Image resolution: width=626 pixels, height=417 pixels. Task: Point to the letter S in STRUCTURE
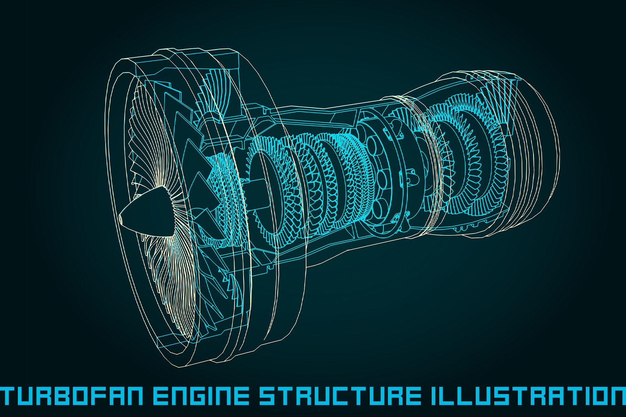(x=268, y=395)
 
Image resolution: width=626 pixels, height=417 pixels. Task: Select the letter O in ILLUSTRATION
(x=591, y=395)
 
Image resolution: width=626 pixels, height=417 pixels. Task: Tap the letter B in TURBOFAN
(x=59, y=395)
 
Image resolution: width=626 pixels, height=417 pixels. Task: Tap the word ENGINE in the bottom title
(x=201, y=395)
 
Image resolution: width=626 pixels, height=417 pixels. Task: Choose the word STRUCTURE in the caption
(x=340, y=395)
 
